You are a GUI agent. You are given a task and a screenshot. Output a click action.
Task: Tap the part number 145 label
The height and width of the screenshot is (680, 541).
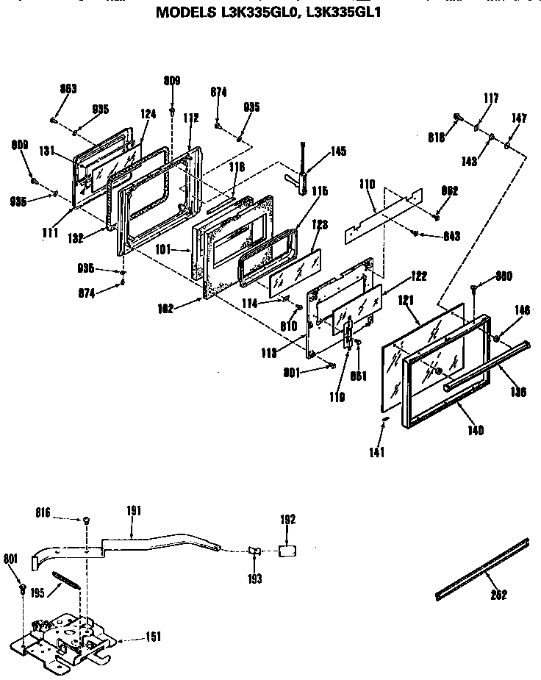point(338,151)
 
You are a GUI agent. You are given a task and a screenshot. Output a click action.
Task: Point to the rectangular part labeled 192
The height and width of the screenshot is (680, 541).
point(288,550)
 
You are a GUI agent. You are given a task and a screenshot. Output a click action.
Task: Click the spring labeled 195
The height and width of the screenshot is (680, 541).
point(65,580)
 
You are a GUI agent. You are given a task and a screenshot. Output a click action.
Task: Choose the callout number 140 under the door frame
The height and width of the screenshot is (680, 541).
point(475,431)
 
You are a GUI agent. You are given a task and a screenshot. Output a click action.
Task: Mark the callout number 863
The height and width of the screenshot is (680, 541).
point(68,90)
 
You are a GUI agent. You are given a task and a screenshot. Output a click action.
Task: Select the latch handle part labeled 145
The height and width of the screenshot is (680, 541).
point(302,176)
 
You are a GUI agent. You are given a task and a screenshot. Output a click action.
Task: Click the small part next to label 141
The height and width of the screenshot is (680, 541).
point(384,418)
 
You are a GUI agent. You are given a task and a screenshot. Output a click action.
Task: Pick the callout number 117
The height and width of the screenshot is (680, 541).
point(491,98)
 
